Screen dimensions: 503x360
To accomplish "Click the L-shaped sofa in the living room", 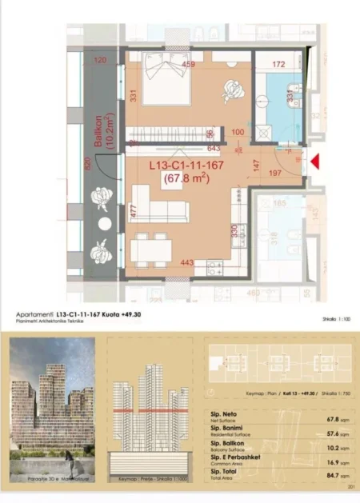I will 161,210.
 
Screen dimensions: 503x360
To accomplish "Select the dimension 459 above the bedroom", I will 189,64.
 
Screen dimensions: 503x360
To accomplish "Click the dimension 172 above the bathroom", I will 278,63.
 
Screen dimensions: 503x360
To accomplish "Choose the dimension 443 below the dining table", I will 187,262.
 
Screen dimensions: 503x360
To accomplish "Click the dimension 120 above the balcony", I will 99,60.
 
